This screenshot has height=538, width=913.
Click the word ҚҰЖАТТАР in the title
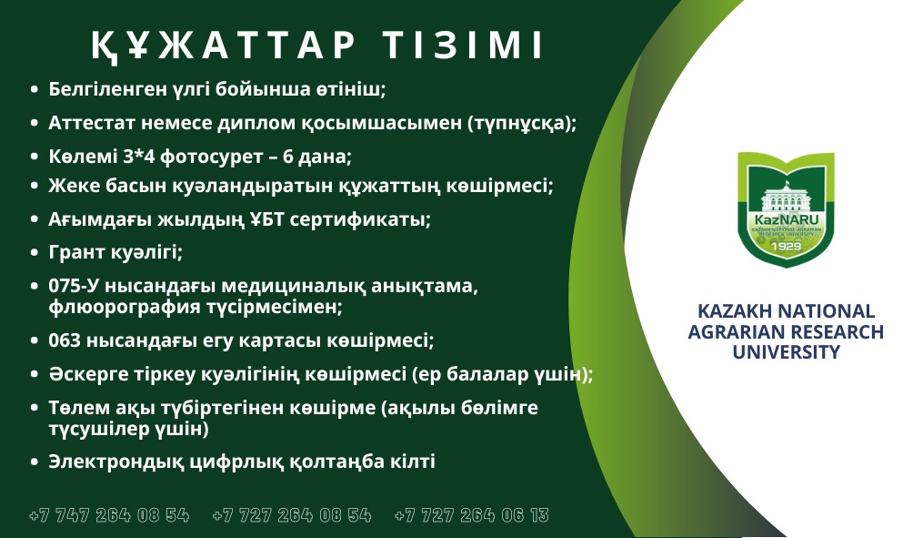[223, 46]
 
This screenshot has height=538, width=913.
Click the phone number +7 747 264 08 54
[109, 515]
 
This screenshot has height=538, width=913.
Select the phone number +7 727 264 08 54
[292, 515]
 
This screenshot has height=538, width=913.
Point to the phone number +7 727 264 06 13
[472, 515]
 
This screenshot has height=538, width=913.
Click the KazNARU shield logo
[786, 209]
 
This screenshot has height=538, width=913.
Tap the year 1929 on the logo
[786, 246]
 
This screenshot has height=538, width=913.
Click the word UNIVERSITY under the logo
[786, 352]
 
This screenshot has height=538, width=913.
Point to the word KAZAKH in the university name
[734, 310]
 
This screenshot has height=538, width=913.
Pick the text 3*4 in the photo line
[138, 157]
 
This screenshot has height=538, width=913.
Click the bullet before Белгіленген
[35, 90]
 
